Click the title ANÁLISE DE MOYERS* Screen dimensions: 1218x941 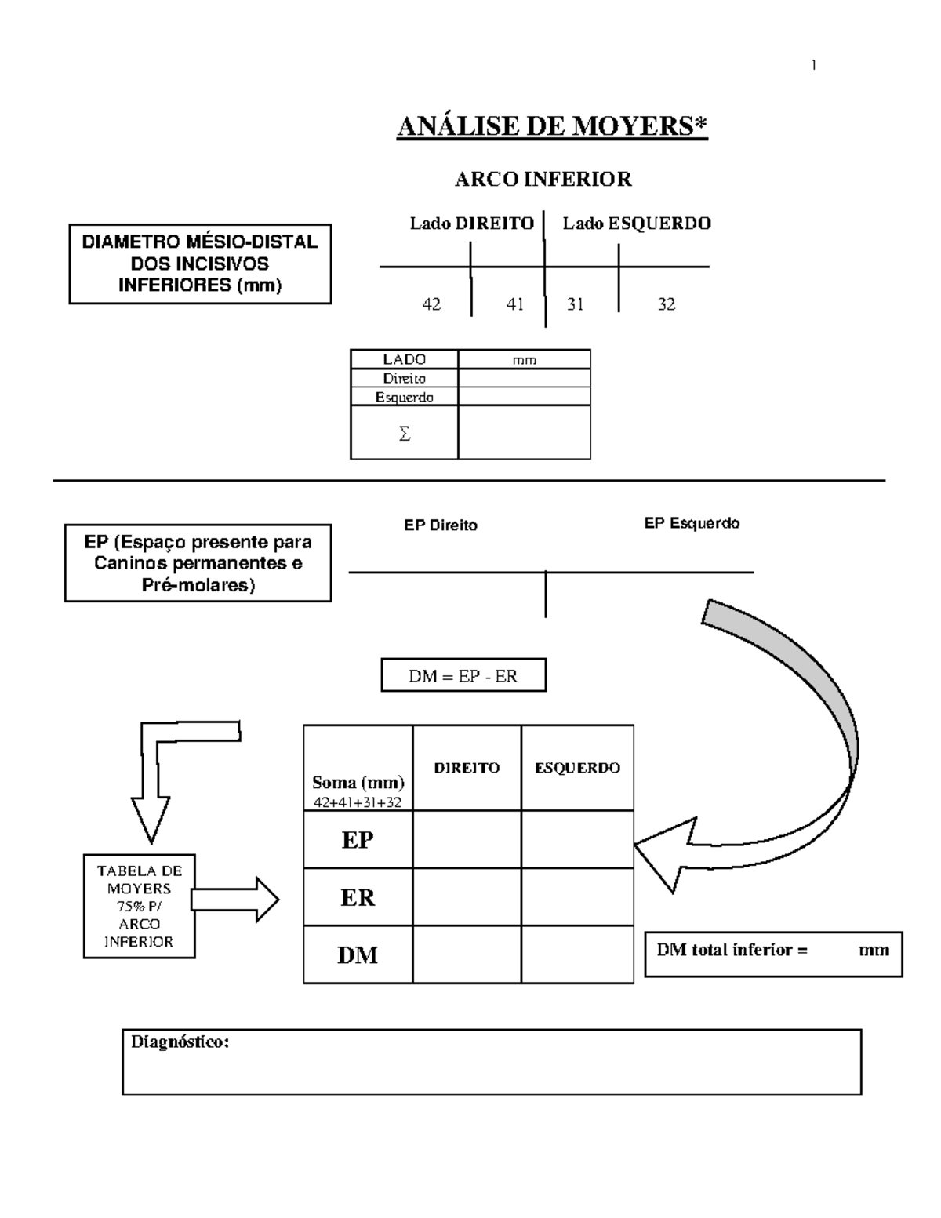point(552,126)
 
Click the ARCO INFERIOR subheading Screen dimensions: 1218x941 point(543,180)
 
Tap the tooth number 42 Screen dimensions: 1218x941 point(431,304)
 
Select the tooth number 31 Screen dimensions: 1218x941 point(576,304)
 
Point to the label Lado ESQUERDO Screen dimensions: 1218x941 point(636,224)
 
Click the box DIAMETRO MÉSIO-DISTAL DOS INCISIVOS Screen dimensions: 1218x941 point(200,264)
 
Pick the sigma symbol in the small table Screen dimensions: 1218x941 point(404,434)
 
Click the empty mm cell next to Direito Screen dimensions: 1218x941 point(524,378)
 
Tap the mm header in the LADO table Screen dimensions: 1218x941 point(524,360)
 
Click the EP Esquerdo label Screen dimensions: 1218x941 point(692,523)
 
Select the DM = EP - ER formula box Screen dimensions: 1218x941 point(463,676)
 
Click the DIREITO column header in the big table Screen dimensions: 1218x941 point(467,768)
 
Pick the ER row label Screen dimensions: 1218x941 point(358,897)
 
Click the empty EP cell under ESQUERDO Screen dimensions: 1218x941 point(577,839)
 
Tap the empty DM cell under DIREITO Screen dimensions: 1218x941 point(467,954)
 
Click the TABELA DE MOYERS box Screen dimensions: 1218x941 point(139,906)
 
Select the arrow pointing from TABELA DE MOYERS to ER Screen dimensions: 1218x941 point(235,899)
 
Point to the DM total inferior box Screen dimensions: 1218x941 point(772,953)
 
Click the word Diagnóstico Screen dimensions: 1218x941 point(180,1042)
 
